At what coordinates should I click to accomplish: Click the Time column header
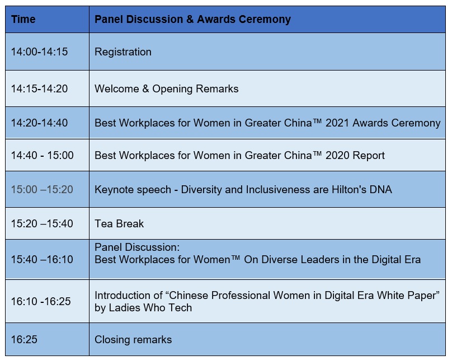[x=23, y=20]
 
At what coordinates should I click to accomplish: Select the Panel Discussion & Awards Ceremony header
[x=192, y=20]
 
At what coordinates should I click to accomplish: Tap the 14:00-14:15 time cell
[x=39, y=52]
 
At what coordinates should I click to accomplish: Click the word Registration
[x=123, y=52]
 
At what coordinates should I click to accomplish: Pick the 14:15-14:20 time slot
[x=39, y=88]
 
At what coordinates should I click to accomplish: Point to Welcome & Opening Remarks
[x=167, y=89]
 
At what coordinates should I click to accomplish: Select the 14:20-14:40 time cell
[x=39, y=123]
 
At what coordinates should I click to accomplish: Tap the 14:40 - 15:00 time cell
[x=42, y=156]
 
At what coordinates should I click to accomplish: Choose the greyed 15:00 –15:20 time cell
[x=42, y=190]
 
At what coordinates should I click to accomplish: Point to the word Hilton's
[x=347, y=190]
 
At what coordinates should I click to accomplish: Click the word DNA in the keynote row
[x=380, y=190]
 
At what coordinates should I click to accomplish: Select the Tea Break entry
[x=119, y=223]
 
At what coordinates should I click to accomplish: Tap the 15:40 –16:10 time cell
[x=42, y=259]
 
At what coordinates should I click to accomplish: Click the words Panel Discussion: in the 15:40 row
[x=137, y=247]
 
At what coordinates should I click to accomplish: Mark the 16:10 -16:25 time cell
[x=41, y=301]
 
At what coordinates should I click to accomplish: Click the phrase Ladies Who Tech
[x=150, y=308]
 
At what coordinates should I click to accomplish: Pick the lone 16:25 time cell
[x=24, y=339]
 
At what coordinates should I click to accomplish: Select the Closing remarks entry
[x=133, y=340]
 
